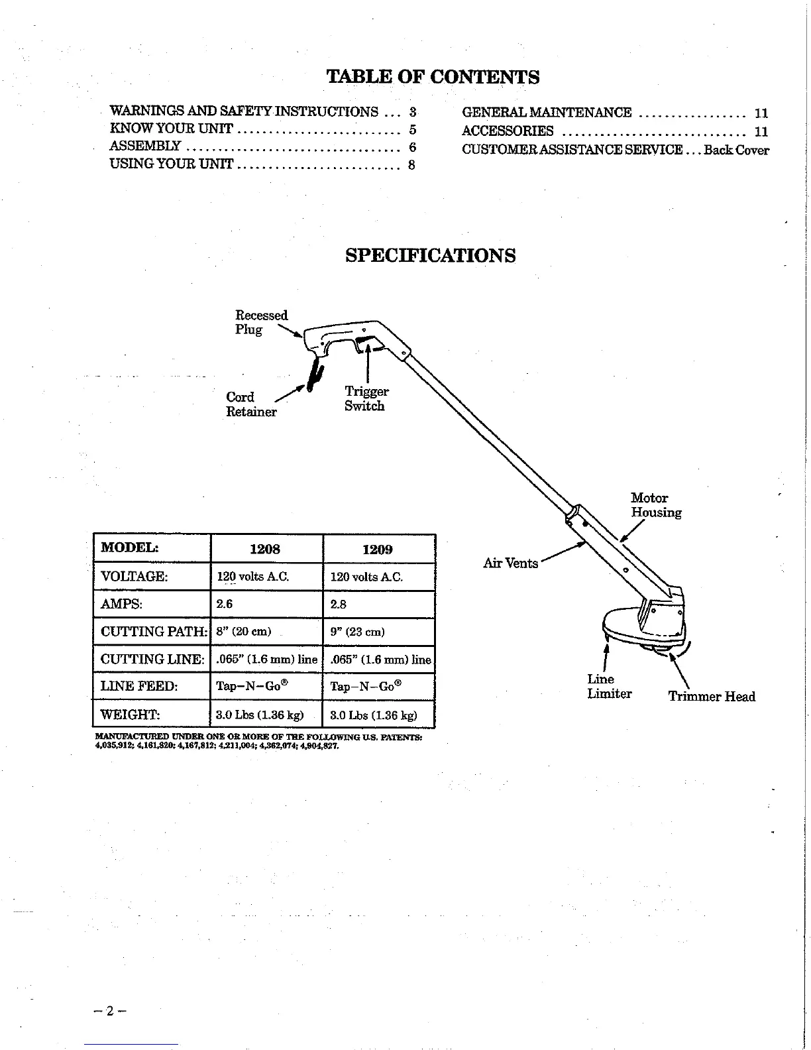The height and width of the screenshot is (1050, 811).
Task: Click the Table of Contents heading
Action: point(433,78)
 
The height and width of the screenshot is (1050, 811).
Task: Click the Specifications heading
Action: point(431,256)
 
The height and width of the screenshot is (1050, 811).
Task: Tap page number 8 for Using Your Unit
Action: point(411,165)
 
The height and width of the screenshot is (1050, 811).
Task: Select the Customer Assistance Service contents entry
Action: point(615,150)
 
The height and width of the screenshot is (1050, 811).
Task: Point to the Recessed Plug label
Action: point(261,322)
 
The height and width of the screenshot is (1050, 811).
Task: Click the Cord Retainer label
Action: point(251,404)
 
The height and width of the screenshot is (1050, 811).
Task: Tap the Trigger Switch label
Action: point(366,399)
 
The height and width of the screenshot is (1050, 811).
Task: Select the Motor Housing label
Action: point(655,505)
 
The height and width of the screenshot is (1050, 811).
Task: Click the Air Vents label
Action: point(510,563)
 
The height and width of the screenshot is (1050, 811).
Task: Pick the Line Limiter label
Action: point(609,687)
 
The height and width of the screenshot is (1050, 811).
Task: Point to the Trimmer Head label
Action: point(711,697)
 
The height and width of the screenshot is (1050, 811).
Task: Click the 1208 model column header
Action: point(265,550)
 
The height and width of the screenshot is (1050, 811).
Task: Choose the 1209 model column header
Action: point(378,550)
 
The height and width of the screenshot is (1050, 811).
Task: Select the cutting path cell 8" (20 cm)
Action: point(244,632)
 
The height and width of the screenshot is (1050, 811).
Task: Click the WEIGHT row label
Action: point(130,715)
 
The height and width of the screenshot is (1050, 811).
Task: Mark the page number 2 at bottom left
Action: point(110,1012)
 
